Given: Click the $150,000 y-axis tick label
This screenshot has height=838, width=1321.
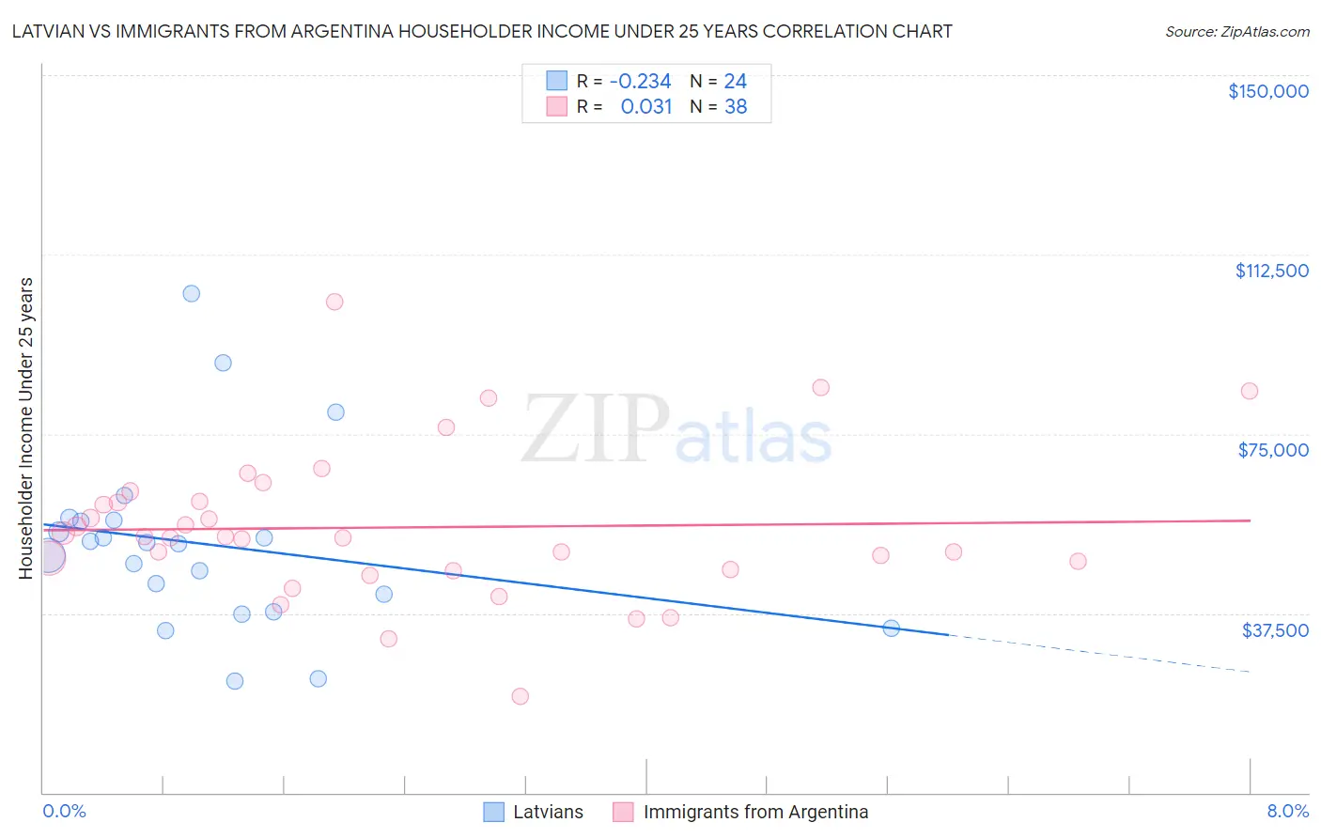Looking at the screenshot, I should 1267,91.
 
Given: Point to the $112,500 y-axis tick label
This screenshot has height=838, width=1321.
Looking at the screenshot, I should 1271,271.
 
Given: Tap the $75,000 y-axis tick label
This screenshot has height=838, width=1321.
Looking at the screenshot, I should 1273,450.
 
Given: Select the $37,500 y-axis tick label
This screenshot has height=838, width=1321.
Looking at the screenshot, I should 1275,630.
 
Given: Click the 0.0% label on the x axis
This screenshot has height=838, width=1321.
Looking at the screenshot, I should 64,812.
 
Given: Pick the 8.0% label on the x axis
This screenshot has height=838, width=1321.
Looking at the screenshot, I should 1287,812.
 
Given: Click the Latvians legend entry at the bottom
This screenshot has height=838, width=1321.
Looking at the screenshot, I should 547,813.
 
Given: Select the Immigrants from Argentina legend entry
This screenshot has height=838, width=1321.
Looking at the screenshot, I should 755,813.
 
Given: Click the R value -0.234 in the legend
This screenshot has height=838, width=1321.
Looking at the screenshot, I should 640,82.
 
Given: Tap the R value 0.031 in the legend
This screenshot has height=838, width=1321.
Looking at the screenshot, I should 646,107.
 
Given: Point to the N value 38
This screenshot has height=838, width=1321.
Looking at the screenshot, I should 736,107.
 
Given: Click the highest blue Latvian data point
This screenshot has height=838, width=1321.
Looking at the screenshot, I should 192,293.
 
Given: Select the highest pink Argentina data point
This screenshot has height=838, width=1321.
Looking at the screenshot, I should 334,302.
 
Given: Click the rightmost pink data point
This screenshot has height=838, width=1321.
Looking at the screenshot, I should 1250,391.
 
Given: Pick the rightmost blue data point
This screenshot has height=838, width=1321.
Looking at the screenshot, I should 892,628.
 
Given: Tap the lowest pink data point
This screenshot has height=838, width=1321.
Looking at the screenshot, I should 521,696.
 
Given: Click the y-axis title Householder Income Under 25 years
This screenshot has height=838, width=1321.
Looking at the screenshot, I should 26,428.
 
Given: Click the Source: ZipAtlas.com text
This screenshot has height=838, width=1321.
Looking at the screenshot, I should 1236,32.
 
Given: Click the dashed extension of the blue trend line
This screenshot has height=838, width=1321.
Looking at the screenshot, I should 1099,654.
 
